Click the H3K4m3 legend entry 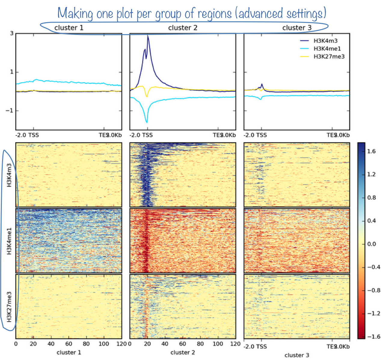click(325, 41)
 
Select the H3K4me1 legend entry click(327, 49)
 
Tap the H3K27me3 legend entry click(329, 56)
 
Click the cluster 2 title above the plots click(183, 28)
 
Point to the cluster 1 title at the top click(69, 28)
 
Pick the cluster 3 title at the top click(297, 28)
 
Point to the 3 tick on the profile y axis click(12, 33)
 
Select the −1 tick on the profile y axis click(10, 111)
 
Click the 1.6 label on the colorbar click(371, 151)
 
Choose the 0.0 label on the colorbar click(371, 244)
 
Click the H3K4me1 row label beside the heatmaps click(9, 241)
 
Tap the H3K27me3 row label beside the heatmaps click(9, 307)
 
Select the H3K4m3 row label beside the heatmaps click(9, 175)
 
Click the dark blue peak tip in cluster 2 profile click(148, 36)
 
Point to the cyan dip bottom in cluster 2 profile click(147, 122)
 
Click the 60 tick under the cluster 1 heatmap click(69, 344)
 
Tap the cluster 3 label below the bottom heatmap click(297, 355)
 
